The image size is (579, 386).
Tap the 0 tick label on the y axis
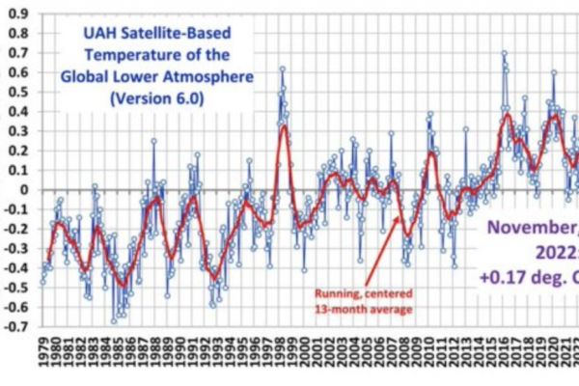[23, 190]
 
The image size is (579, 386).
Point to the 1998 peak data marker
[282, 69]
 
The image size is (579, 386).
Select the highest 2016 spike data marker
[504, 53]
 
